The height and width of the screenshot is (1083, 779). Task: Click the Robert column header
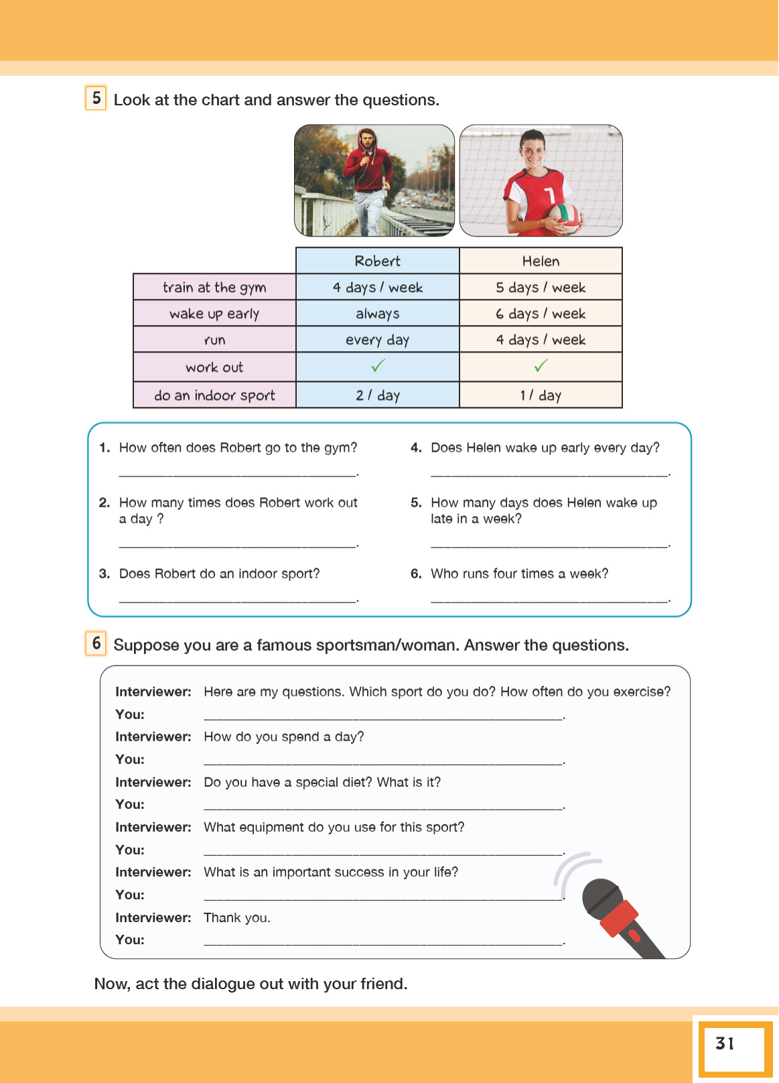[377, 261]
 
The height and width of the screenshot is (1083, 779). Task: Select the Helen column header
[541, 261]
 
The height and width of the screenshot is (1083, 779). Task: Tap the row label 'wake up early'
[214, 314]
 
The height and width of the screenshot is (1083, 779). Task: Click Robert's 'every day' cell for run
[377, 340]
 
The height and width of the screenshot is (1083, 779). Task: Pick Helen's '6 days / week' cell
[541, 314]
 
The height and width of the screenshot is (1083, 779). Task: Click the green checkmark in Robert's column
[378, 366]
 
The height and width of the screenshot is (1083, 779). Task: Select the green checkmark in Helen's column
[541, 366]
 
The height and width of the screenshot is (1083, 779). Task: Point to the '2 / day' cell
[377, 395]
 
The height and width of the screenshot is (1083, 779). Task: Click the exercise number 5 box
[96, 98]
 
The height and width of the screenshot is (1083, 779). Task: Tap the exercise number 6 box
[96, 643]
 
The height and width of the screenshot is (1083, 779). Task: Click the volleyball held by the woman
[564, 217]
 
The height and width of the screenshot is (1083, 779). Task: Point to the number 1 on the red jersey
[550, 195]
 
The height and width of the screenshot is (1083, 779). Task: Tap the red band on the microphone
[618, 917]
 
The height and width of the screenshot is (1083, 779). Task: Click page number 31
[725, 1043]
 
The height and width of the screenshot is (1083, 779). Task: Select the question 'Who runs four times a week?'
[519, 574]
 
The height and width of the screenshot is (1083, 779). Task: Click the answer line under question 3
[238, 600]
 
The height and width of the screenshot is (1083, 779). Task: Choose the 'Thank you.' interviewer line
[237, 917]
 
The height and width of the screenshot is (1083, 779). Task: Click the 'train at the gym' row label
[214, 288]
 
